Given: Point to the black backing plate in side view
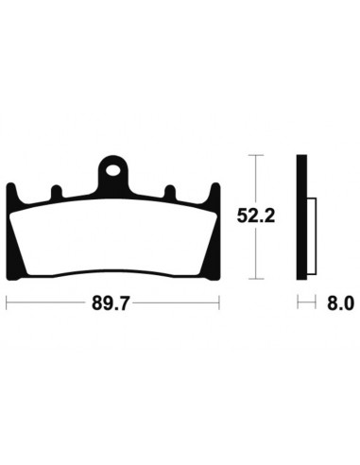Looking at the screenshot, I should (300, 216).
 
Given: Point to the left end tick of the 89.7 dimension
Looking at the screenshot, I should (8, 304).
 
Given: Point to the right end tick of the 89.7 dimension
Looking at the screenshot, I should (219, 304).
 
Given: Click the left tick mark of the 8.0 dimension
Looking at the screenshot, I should (297, 304).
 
